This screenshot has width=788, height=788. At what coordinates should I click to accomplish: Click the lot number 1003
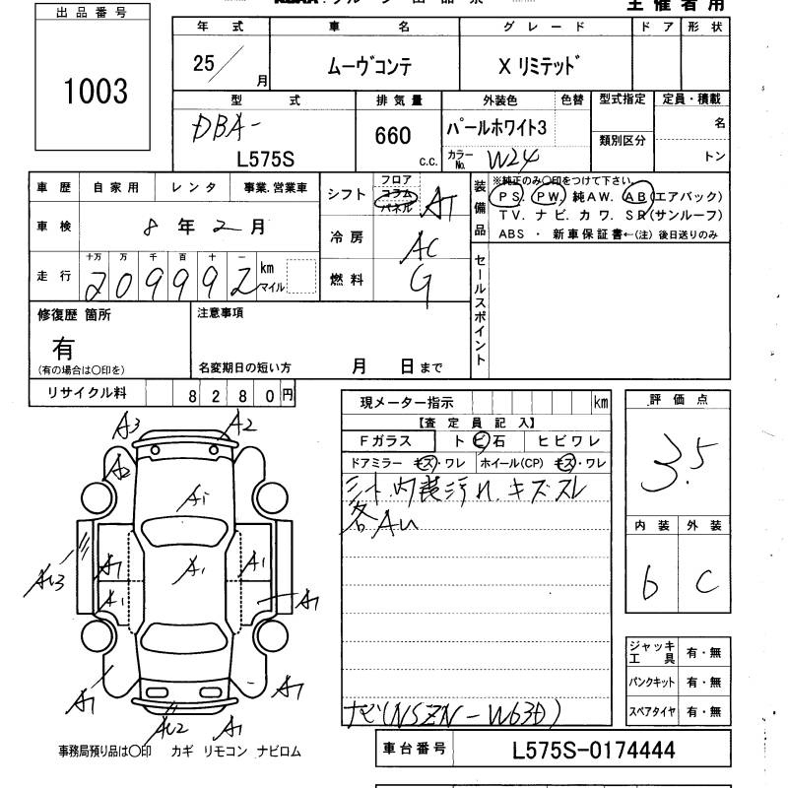[96, 92]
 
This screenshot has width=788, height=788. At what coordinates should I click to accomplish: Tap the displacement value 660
[393, 136]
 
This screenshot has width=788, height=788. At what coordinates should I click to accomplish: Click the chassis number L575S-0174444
[594, 750]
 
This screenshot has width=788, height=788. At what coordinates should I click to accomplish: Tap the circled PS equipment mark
[509, 196]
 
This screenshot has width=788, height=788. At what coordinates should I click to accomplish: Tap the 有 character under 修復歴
[64, 348]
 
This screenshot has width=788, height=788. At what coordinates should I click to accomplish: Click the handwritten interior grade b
[649, 583]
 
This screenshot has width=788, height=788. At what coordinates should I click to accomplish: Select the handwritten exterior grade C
[705, 583]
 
